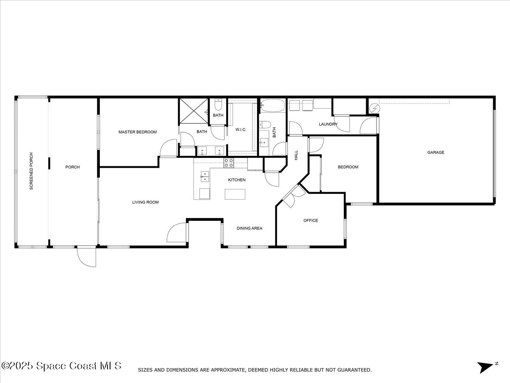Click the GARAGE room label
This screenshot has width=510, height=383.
(436, 152)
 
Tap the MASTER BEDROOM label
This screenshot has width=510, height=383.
(138, 132)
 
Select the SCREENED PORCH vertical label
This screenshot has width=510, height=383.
(31, 171)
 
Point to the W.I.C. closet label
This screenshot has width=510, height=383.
(241, 129)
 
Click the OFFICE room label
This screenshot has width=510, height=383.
(311, 220)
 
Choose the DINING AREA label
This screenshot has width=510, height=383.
(249, 228)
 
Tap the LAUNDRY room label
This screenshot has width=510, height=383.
(328, 124)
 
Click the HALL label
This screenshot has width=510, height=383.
(296, 155)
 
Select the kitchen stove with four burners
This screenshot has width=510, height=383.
(229, 163)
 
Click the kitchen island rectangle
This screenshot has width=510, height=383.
(235, 194)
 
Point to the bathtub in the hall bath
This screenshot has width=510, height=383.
(272, 106)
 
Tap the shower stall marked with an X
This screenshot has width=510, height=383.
(193, 111)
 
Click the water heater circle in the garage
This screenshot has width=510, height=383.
(374, 109)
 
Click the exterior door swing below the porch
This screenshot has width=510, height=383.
(86, 257)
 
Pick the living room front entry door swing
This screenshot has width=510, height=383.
(176, 232)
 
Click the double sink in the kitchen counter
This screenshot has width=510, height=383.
(205, 177)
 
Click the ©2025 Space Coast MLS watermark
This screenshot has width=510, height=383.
(61, 366)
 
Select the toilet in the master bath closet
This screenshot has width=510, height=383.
(218, 105)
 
